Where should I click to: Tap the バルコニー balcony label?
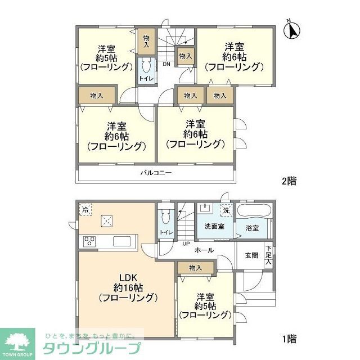click(x=156, y=173)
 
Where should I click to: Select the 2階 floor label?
click(x=289, y=182)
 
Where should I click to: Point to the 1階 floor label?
click(x=289, y=339)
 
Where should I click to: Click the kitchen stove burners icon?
click(x=90, y=241)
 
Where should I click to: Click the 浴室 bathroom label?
click(x=252, y=228)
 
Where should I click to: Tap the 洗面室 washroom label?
click(x=213, y=226)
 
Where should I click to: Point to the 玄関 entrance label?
click(x=251, y=255)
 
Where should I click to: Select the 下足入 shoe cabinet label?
click(x=269, y=255)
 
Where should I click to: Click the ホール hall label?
click(x=204, y=250)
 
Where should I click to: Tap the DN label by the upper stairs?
click(x=166, y=64)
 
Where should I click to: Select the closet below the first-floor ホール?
click(x=195, y=268)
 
